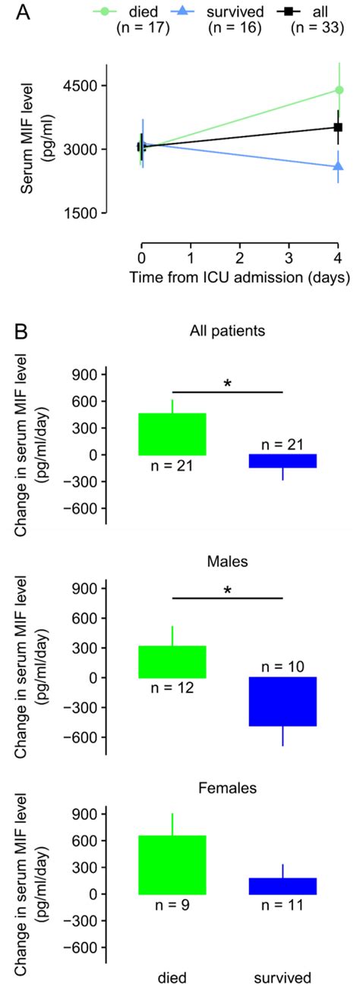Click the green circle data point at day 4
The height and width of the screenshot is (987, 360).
pyautogui.click(x=339, y=90)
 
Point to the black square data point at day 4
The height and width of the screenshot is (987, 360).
pyautogui.click(x=339, y=127)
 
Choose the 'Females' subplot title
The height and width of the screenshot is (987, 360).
pyautogui.click(x=228, y=789)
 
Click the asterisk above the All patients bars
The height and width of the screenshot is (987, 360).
pyautogui.click(x=227, y=383)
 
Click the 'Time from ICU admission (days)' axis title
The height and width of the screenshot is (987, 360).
pyautogui.click(x=239, y=277)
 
